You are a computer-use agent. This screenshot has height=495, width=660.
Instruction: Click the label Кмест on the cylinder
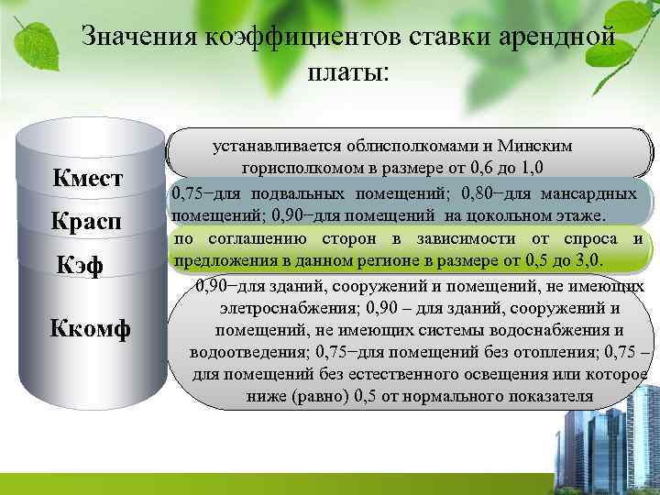[88, 178]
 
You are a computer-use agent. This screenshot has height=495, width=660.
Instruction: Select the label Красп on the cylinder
[88, 223]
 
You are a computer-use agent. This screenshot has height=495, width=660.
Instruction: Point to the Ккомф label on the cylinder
[90, 327]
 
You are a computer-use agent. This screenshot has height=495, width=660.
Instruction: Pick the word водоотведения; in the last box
[249, 353]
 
